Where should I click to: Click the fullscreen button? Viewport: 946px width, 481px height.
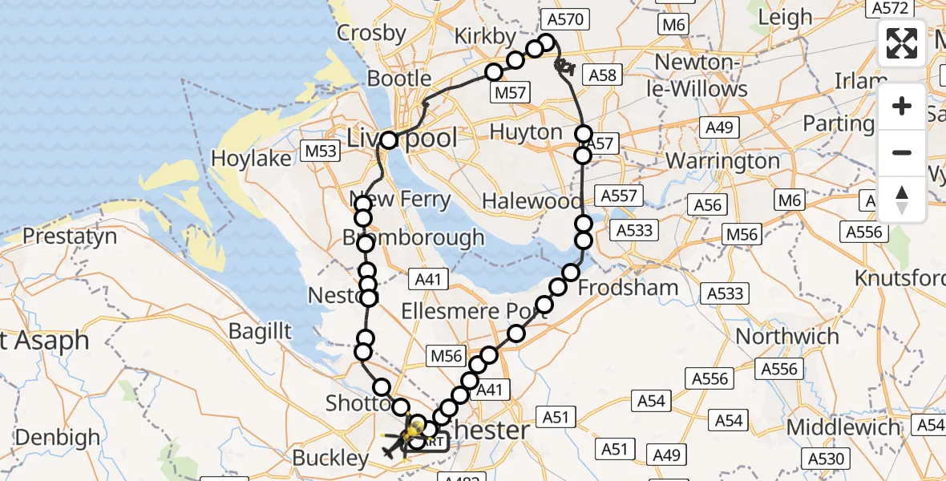(x=902, y=43)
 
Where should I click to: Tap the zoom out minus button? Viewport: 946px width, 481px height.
(x=902, y=152)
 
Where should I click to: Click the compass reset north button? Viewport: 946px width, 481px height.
(x=902, y=200)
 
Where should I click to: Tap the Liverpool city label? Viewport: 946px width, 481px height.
(x=402, y=138)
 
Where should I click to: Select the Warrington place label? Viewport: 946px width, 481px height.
(x=722, y=160)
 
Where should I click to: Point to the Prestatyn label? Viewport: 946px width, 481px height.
(x=70, y=236)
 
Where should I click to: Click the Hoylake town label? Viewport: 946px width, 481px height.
(x=251, y=159)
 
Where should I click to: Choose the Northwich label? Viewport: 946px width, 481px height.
(x=787, y=336)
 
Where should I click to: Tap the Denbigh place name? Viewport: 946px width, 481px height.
(x=58, y=438)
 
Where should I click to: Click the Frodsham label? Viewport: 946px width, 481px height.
(x=628, y=287)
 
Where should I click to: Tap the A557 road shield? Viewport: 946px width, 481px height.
(x=617, y=196)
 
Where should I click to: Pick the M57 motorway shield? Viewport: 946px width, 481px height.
(x=510, y=92)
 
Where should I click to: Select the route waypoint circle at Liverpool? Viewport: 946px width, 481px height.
(x=389, y=140)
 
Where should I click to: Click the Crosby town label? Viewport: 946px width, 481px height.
(x=372, y=33)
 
